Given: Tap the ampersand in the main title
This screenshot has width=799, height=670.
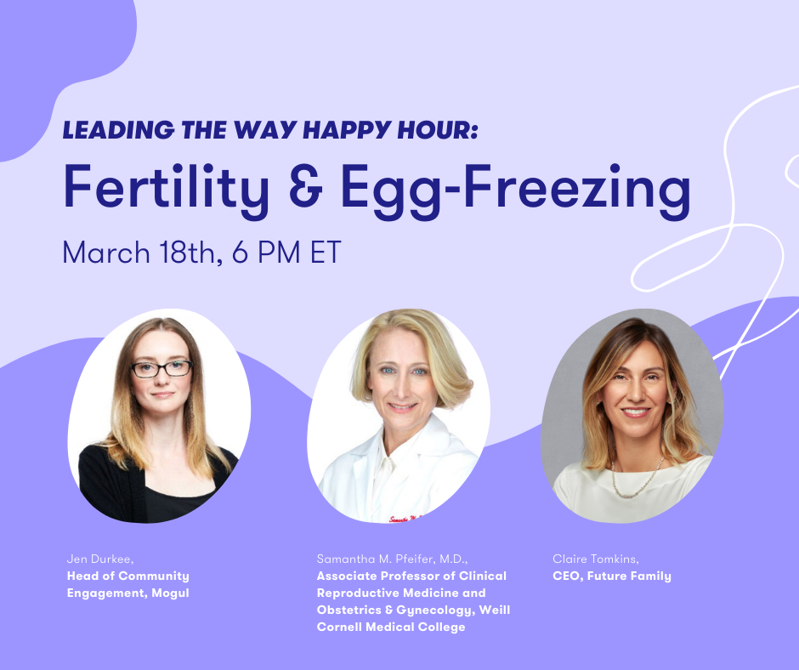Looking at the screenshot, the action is [306, 185].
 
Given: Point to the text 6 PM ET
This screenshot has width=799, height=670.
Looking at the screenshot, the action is [286, 253].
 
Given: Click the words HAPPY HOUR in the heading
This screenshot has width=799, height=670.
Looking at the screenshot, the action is [390, 130].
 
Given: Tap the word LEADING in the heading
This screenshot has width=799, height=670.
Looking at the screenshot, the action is [118, 130].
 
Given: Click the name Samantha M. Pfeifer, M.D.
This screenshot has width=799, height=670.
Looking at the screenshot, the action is [392, 559].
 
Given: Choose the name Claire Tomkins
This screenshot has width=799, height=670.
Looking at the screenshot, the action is [596, 559].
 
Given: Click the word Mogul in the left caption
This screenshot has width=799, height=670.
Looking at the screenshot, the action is [170, 593].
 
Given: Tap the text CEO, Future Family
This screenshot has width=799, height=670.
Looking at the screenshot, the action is [612, 576].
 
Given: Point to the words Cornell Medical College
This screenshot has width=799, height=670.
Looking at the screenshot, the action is [391, 627].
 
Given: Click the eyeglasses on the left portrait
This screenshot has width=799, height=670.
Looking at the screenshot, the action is [161, 368].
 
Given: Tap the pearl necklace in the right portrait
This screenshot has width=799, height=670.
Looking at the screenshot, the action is [637, 480].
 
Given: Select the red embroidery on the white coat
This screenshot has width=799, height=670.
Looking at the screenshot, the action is [405, 519].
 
